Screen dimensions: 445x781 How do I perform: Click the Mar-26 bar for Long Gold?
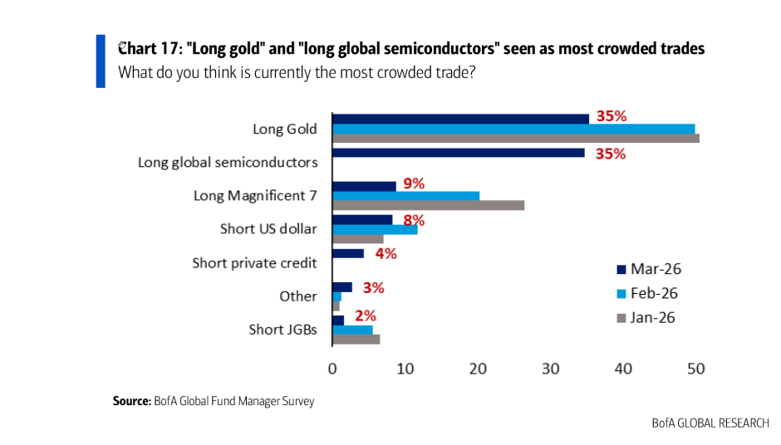pyautogui.click(x=460, y=118)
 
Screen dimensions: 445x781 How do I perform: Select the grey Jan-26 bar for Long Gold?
pyautogui.click(x=515, y=139)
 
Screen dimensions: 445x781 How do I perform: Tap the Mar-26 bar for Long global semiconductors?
pyautogui.click(x=458, y=153)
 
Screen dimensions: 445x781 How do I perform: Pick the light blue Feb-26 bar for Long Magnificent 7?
pyautogui.click(x=405, y=195)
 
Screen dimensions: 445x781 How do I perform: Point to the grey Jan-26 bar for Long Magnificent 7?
pyautogui.click(x=428, y=205)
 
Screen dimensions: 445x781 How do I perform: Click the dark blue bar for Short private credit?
pyautogui.click(x=348, y=253)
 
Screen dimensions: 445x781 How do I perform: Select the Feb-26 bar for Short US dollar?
pyautogui.click(x=375, y=229)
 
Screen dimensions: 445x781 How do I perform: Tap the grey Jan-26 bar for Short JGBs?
pyautogui.click(x=356, y=339)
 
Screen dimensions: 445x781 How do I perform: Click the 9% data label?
pyautogui.click(x=414, y=183)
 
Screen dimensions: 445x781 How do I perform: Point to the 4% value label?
pyautogui.click(x=386, y=254)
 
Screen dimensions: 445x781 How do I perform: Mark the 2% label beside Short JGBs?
pyautogui.click(x=366, y=315)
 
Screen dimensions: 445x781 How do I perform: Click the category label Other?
pyautogui.click(x=298, y=296)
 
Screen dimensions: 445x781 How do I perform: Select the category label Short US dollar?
pyautogui.click(x=268, y=228)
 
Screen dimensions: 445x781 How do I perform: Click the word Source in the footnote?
pyautogui.click(x=131, y=402)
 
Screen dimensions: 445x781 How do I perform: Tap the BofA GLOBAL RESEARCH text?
pyautogui.click(x=710, y=423)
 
